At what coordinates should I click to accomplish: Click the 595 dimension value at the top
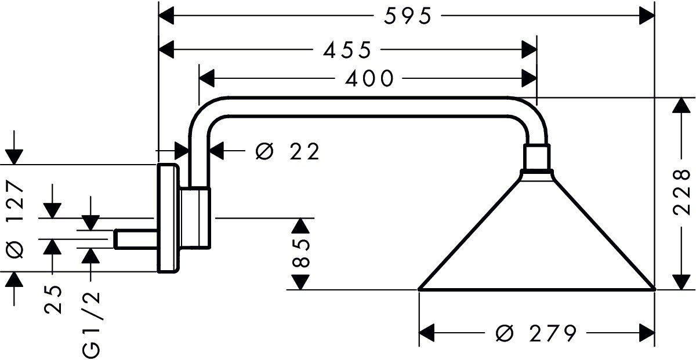(x=408, y=17)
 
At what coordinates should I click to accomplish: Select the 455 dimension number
(x=347, y=50)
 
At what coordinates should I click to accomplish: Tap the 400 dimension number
(x=369, y=78)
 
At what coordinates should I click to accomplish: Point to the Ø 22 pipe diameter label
(x=288, y=152)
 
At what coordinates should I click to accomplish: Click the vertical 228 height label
(x=684, y=193)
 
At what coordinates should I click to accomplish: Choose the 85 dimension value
(x=301, y=253)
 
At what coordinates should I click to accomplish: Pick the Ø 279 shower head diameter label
(x=536, y=334)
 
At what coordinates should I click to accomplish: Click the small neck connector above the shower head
(x=536, y=158)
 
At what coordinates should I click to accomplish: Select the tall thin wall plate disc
(x=168, y=218)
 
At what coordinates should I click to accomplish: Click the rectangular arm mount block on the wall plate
(x=195, y=218)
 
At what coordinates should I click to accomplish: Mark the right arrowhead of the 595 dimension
(x=647, y=16)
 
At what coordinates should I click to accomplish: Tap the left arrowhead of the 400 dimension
(x=207, y=78)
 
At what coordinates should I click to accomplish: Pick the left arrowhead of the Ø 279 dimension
(x=427, y=334)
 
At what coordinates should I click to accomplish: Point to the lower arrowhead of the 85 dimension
(x=299, y=282)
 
